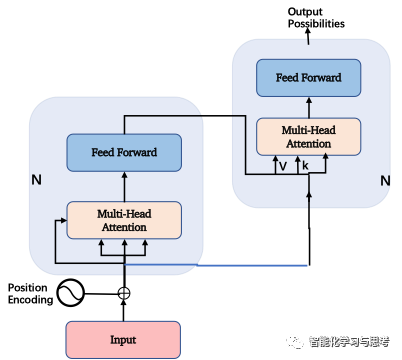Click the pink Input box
(x=123, y=340)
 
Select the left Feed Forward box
(x=124, y=153)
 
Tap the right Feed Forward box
(x=308, y=78)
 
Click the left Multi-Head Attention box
(x=124, y=220)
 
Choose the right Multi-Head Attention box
(x=308, y=137)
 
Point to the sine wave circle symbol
(x=70, y=293)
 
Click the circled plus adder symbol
(x=124, y=293)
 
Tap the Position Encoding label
(x=30, y=294)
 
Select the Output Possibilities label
(x=316, y=18)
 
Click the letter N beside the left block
(x=37, y=180)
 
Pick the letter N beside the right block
(x=385, y=181)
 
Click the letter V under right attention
(x=283, y=166)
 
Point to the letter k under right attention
(x=305, y=166)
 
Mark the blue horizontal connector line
(x=216, y=265)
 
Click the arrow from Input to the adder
(x=124, y=310)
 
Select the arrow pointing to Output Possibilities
(x=308, y=36)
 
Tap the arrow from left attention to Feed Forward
(x=124, y=187)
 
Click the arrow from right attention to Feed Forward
(x=309, y=107)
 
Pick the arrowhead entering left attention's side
(x=63, y=220)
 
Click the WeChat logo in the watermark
(x=294, y=342)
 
